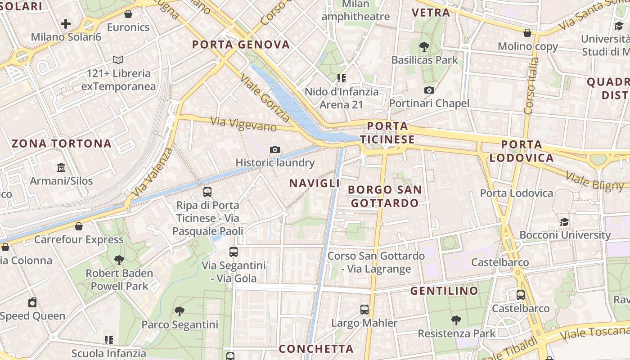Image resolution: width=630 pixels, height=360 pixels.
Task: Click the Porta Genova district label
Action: click(x=241, y=45)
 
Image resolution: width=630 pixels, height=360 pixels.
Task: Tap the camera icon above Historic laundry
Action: click(x=275, y=149)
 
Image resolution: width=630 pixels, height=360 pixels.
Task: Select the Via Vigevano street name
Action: click(x=243, y=124)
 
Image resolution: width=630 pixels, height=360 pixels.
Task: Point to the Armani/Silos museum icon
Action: click(x=61, y=168)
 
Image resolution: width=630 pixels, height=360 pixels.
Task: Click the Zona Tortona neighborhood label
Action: click(x=61, y=144)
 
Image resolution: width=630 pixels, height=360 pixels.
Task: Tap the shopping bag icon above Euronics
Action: click(x=128, y=14)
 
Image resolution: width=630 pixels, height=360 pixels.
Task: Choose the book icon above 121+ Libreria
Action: click(x=118, y=60)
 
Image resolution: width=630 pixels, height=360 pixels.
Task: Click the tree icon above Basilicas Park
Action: click(x=424, y=46)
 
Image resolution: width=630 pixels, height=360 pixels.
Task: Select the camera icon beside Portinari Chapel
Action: click(x=429, y=90)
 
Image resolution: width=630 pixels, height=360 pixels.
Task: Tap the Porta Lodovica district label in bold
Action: click(x=522, y=151)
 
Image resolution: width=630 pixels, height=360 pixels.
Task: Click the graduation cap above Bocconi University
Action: click(x=565, y=222)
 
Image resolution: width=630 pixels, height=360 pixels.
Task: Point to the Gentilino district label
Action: click(x=444, y=291)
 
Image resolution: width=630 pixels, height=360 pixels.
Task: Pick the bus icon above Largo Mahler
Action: click(x=364, y=310)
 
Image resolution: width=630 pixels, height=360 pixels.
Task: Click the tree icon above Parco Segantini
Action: click(x=180, y=311)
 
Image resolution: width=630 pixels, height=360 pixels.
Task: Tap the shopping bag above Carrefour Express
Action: click(x=79, y=226)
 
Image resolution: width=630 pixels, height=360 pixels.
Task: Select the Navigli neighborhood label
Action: click(x=315, y=183)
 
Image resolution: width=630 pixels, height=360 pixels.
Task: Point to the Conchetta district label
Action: click(x=316, y=349)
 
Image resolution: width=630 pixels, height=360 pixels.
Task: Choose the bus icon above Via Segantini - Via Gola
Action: click(x=233, y=252)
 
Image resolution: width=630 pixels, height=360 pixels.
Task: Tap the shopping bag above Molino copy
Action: click(x=527, y=33)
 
